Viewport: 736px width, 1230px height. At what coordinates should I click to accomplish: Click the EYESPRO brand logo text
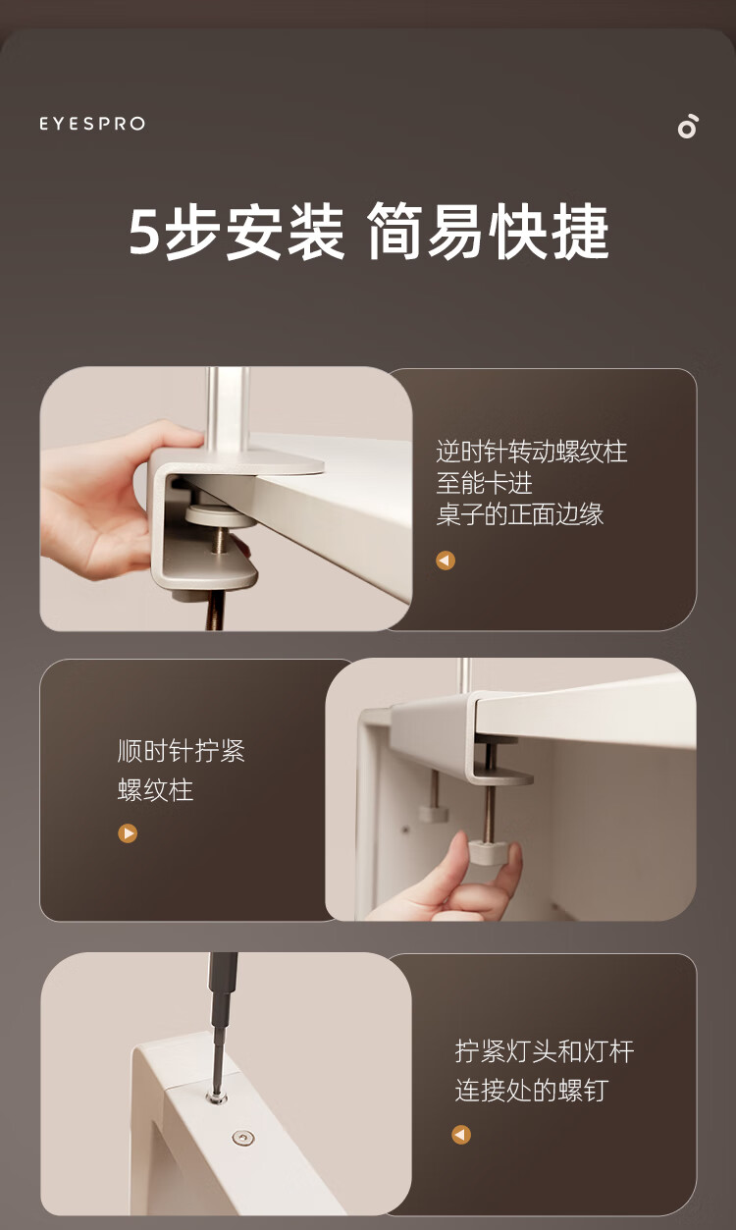click(x=92, y=124)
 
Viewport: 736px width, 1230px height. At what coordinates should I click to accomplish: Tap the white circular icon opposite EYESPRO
click(x=688, y=127)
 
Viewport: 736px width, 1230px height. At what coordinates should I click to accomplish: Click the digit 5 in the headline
click(x=144, y=231)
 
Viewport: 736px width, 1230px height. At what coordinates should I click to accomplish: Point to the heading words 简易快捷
click(x=488, y=231)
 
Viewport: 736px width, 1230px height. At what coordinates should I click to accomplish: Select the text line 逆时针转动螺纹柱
click(x=531, y=452)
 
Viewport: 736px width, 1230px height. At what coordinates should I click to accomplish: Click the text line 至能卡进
click(x=484, y=483)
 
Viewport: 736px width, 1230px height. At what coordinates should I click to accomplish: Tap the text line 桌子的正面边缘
click(x=520, y=514)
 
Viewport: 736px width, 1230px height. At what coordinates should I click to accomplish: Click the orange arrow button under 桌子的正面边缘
click(x=446, y=561)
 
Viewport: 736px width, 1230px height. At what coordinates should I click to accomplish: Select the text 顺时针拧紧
click(x=182, y=751)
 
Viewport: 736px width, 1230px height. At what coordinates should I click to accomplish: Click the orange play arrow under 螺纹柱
click(x=128, y=833)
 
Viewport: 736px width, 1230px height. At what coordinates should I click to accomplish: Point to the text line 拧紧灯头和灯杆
click(x=545, y=1051)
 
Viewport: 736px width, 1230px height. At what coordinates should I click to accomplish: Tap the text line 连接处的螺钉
click(x=531, y=1090)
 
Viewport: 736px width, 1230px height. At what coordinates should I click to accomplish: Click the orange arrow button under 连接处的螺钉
click(x=461, y=1135)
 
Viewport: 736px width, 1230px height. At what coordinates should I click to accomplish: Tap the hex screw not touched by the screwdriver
click(x=242, y=1138)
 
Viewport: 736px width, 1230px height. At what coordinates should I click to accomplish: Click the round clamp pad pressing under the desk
click(x=220, y=516)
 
